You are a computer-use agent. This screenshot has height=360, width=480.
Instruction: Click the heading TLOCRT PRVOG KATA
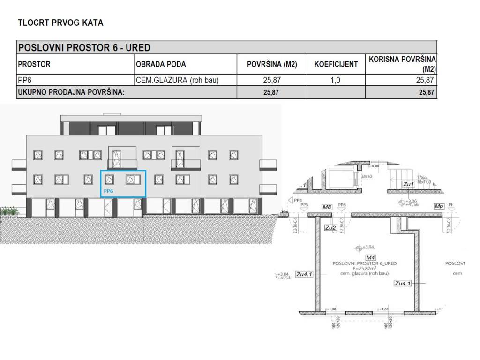[60, 22]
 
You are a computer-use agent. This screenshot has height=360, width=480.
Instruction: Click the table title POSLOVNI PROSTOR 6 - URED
[84, 48]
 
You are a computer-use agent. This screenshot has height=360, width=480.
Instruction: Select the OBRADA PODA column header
[161, 64]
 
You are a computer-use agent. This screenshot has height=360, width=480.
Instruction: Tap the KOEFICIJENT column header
[336, 64]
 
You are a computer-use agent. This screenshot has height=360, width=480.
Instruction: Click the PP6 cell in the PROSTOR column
[24, 80]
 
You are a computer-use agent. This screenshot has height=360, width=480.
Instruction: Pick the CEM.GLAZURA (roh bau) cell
[177, 80]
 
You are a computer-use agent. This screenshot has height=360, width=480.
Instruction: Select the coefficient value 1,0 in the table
[335, 80]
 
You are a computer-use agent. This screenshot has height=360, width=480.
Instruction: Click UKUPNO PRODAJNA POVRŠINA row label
[71, 92]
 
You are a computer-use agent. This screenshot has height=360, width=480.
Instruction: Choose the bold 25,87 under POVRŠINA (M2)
[271, 92]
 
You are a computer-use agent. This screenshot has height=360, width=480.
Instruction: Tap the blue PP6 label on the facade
[109, 191]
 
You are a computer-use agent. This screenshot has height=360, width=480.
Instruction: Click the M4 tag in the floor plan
[371, 257]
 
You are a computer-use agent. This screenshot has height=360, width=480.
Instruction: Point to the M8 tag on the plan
[327, 206]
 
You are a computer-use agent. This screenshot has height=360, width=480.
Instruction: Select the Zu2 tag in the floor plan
[331, 228]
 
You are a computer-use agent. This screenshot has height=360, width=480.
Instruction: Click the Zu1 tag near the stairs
[409, 185]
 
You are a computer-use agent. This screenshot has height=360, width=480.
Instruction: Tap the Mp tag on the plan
[439, 206]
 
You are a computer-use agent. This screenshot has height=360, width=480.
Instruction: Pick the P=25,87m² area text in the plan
[364, 269]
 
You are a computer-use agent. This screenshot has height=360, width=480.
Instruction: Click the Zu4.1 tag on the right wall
[403, 283]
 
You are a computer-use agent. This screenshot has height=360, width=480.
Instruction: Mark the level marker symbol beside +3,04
[359, 247]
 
